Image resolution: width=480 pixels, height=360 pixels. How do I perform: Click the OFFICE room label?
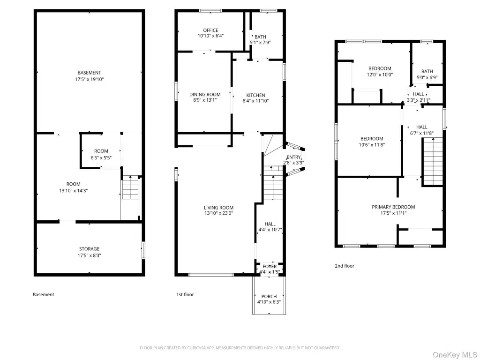click(210, 30)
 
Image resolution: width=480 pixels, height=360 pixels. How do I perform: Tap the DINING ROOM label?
click(205, 95)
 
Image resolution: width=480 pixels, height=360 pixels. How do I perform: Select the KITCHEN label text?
click(255, 95)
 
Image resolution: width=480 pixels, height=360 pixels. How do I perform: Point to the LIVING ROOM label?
click(218, 208)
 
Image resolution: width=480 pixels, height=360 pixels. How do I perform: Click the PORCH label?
click(269, 296)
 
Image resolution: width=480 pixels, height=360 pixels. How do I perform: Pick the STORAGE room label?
click(90, 249)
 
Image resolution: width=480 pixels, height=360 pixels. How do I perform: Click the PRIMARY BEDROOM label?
click(393, 207)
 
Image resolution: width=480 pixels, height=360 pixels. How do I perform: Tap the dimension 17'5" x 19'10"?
click(90, 79)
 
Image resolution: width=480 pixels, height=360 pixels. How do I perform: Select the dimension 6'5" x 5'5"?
click(101, 157)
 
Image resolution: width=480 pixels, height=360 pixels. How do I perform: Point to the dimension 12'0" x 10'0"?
click(380, 75)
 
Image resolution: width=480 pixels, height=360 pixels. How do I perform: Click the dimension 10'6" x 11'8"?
click(372, 145)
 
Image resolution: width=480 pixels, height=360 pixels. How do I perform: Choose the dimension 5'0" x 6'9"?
click(427, 77)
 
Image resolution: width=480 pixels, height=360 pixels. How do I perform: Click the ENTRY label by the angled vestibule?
click(293, 157)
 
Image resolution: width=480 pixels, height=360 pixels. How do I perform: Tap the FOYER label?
click(270, 267)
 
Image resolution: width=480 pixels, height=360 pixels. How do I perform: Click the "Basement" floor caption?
click(44, 294)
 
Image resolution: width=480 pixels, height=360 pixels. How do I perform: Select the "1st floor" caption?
click(185, 294)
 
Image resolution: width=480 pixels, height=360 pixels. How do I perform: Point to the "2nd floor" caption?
click(345, 266)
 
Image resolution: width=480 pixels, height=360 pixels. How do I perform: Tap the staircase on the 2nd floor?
click(433, 162)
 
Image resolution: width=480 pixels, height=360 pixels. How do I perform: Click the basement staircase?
click(131, 187)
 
